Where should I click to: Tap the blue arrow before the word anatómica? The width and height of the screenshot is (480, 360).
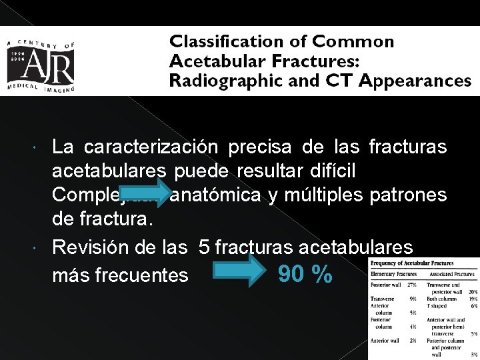pos(146,193)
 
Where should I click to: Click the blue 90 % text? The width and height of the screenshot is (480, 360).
pos(305,274)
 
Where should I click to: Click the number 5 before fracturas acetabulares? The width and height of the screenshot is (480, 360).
pos(205,247)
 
